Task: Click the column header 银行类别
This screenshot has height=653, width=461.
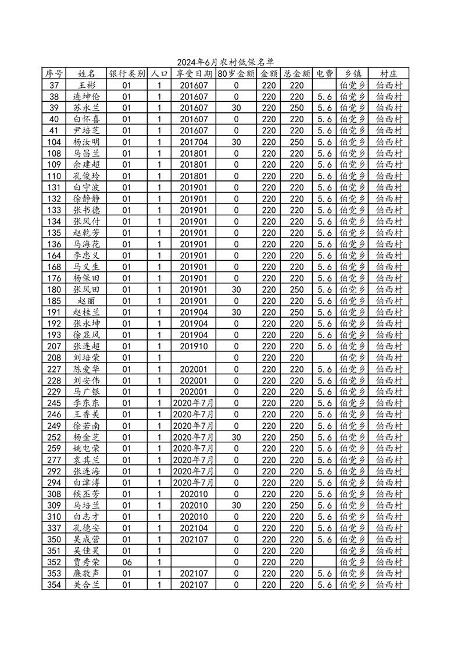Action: pyautogui.click(x=127, y=74)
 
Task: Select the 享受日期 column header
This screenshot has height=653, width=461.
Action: pyautogui.click(x=194, y=74)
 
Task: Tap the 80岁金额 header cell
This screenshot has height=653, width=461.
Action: pyautogui.click(x=236, y=74)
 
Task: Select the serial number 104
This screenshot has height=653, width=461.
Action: pyautogui.click(x=54, y=142)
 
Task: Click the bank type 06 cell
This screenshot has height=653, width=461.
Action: pyautogui.click(x=127, y=562)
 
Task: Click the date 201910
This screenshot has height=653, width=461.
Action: pyautogui.click(x=194, y=346)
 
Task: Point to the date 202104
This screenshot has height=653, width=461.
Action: pyautogui.click(x=194, y=528)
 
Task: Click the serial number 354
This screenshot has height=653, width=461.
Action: pyautogui.click(x=54, y=585)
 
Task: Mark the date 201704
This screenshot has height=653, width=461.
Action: pyautogui.click(x=194, y=142)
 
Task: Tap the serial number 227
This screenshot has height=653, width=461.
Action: pyautogui.click(x=54, y=369)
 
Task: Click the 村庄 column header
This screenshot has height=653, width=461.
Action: pyautogui.click(x=388, y=74)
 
